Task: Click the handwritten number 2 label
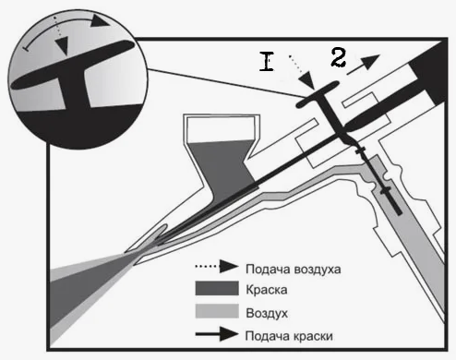tap(339, 58)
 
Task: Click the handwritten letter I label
tap(267, 62)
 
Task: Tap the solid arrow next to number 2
tap(364, 65)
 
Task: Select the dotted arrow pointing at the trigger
tap(302, 73)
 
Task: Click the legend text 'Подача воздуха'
tap(294, 270)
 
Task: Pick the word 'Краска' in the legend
tap(267, 290)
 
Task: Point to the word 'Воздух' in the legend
tap(267, 313)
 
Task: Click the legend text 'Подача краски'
tap(289, 336)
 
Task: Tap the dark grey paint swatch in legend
tap(217, 289)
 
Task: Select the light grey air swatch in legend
tap(217, 311)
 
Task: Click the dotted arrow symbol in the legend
tap(217, 267)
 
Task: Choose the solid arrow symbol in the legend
tap(217, 334)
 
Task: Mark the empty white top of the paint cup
tap(221, 128)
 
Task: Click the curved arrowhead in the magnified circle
tap(100, 21)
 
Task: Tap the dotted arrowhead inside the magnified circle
tap(64, 46)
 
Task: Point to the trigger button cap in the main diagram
tap(318, 94)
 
